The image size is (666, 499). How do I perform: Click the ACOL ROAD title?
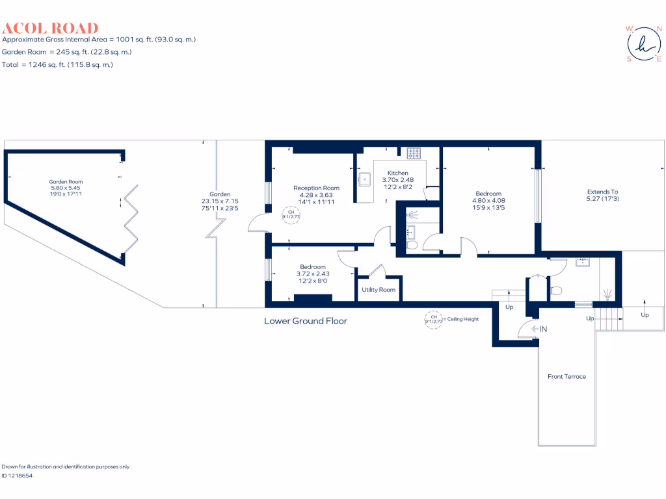tap(50, 28)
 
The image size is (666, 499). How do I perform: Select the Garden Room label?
tap(66, 182)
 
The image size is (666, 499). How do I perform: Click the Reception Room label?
tap(316, 188)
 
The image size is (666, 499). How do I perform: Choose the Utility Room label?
tap(379, 290)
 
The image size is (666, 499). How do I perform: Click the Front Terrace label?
tap(566, 377)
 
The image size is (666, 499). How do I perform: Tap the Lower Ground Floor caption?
tap(306, 321)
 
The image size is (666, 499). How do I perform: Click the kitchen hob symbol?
tap(414, 154)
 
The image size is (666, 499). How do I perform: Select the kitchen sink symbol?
tap(364, 179)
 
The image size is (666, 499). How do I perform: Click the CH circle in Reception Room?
tap(291, 215)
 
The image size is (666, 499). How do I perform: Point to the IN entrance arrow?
tap(539, 329)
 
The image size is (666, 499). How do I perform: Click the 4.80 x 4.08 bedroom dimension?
tap(488, 201)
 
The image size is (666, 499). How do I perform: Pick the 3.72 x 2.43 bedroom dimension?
tap(313, 274)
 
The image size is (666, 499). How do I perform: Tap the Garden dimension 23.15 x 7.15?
tap(220, 201)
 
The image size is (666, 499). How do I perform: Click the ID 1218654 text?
tap(17, 476)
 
